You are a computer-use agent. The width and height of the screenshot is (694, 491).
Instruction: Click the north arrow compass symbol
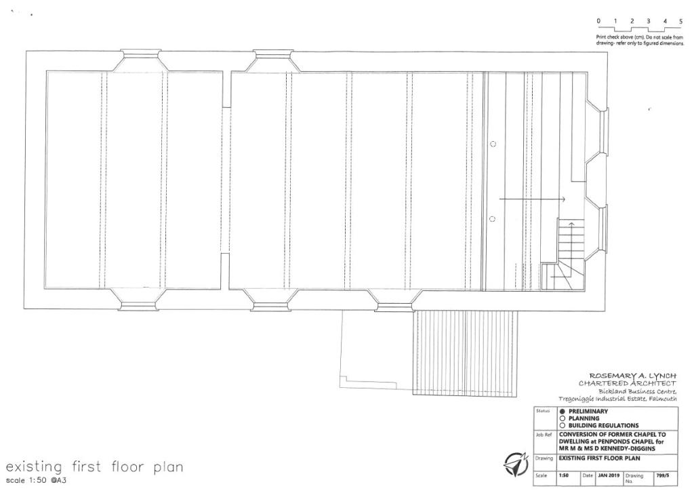click(x=516, y=465)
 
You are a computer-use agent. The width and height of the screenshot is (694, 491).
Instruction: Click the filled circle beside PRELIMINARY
click(x=562, y=411)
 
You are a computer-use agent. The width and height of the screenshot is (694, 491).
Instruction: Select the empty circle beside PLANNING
click(x=562, y=418)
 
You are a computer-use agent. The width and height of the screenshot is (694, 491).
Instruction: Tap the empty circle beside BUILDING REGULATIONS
click(x=562, y=425)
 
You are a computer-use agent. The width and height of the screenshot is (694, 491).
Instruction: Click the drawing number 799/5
click(x=663, y=475)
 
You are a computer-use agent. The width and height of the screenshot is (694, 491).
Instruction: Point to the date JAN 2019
click(x=609, y=475)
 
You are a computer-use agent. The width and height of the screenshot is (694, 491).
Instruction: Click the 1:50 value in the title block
click(x=563, y=475)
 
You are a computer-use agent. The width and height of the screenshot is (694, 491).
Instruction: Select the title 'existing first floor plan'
click(x=94, y=467)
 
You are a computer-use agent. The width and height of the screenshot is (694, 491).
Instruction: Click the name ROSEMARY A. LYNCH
click(x=633, y=376)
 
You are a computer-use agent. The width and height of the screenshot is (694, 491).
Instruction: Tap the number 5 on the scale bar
click(x=680, y=21)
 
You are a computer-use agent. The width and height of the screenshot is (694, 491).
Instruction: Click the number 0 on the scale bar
click(x=598, y=21)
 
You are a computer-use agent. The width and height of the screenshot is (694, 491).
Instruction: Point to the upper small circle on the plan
click(x=493, y=144)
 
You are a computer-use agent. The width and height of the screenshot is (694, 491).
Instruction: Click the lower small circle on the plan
click(x=492, y=219)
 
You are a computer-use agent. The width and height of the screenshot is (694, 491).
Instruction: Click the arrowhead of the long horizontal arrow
click(x=563, y=199)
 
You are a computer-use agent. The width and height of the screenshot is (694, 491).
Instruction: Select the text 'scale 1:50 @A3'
click(x=36, y=480)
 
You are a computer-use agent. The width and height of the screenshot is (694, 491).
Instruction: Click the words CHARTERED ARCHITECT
click(x=627, y=383)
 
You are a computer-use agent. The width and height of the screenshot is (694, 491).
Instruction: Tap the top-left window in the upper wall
click(x=140, y=55)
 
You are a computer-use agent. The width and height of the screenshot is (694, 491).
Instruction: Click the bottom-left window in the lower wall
click(x=138, y=305)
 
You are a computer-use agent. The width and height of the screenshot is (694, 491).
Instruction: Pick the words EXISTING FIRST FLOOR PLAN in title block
click(x=599, y=458)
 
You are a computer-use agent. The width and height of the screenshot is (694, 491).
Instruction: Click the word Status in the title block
click(x=543, y=411)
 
